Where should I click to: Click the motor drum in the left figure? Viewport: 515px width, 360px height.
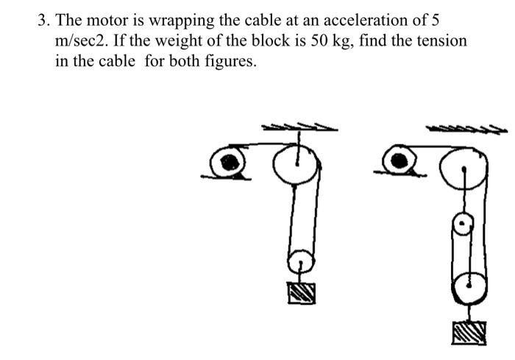click(x=229, y=160)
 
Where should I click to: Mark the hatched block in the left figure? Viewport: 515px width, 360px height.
click(x=302, y=292)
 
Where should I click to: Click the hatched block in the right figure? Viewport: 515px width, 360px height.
click(x=469, y=332)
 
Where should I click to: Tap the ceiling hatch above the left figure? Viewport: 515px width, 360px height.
click(x=300, y=127)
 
